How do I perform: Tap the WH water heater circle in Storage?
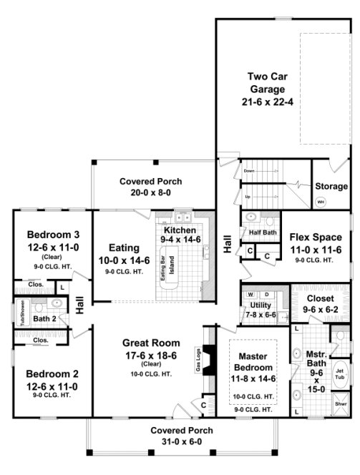tap(321, 202)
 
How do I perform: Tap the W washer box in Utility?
tap(250, 295)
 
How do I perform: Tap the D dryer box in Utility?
tap(266, 295)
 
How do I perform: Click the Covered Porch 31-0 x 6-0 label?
tap(179, 436)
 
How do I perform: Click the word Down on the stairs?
tap(249, 172)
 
